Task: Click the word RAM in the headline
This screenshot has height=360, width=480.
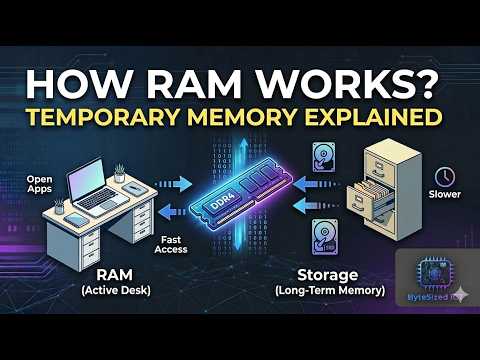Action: click(194, 83)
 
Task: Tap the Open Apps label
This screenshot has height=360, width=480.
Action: click(40, 184)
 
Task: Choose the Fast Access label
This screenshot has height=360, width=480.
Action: click(171, 244)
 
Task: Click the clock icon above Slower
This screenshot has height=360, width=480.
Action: click(445, 177)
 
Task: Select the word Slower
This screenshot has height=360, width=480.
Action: click(445, 194)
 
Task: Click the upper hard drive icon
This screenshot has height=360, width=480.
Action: click(323, 157)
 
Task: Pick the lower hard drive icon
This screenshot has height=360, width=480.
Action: click(324, 236)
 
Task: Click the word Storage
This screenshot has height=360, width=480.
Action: click(328, 275)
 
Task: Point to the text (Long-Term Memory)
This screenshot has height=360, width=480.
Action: click(330, 290)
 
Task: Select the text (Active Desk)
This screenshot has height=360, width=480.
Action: click(116, 290)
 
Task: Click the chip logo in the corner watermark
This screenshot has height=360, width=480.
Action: click(433, 273)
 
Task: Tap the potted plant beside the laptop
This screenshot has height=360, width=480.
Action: click(119, 173)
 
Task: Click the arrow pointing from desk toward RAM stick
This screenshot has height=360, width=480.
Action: click(174, 184)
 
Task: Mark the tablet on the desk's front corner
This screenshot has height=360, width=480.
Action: click(77, 220)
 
